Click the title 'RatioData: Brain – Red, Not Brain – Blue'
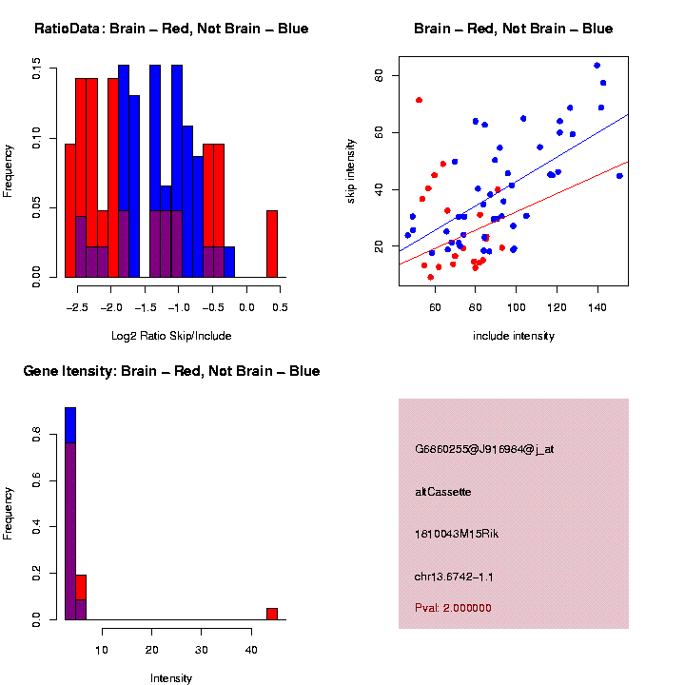pyautogui.click(x=171, y=29)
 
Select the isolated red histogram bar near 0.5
pyautogui.click(x=272, y=244)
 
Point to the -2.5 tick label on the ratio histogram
pyautogui.click(x=79, y=307)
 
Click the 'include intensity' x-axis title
pyautogui.click(x=513, y=336)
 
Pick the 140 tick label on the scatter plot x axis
pyautogui.click(x=597, y=307)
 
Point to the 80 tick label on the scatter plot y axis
pyautogui.click(x=379, y=75)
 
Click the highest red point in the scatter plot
pyautogui.click(x=419, y=100)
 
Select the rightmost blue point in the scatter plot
pyautogui.click(x=619, y=176)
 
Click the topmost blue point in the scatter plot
pyautogui.click(x=597, y=66)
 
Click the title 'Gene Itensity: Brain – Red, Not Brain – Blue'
pyautogui.click(x=171, y=371)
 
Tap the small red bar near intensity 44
pyautogui.click(x=272, y=614)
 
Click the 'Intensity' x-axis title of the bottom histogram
pyautogui.click(x=171, y=678)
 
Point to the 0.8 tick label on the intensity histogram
pyautogui.click(x=36, y=435)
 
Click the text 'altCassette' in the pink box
pyautogui.click(x=443, y=492)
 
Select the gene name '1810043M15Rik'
pyautogui.click(x=457, y=534)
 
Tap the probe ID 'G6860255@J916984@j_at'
pyautogui.click(x=484, y=449)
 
